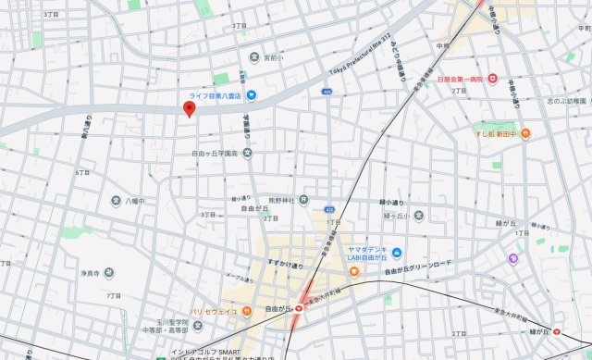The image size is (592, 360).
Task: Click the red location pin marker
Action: pyautogui.click(x=190, y=110)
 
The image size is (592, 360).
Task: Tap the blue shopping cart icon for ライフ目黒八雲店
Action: pyautogui.click(x=251, y=94)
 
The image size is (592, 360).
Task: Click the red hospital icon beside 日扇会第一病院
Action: pyautogui.click(x=493, y=79)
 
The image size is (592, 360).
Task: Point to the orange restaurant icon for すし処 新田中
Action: pyautogui.click(x=525, y=133)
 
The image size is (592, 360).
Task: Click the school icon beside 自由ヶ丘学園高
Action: pyautogui.click(x=247, y=153)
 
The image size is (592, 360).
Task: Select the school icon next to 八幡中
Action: pyautogui.click(x=117, y=200)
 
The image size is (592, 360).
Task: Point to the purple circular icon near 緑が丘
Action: pyautogui.click(x=512, y=258)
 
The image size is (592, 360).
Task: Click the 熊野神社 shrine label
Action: pyautogui.click(x=281, y=200)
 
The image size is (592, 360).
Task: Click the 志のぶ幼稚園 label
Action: pyautogui.click(x=566, y=100)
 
